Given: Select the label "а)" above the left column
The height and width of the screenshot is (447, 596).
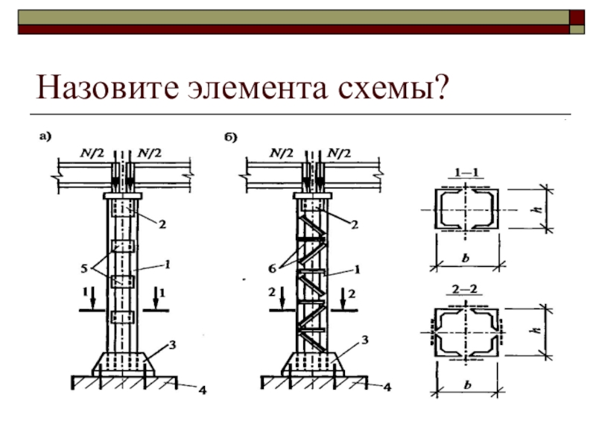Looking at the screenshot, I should click(45, 136).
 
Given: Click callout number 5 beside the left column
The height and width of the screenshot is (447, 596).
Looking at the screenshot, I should click(84, 265).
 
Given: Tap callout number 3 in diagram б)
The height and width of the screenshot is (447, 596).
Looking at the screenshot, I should click(365, 340).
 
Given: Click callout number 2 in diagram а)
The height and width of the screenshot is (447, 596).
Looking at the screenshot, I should click(162, 221).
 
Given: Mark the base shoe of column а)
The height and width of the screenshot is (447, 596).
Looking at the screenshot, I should click(123, 363).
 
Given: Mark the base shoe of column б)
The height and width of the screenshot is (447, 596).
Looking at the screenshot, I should click(311, 363).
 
